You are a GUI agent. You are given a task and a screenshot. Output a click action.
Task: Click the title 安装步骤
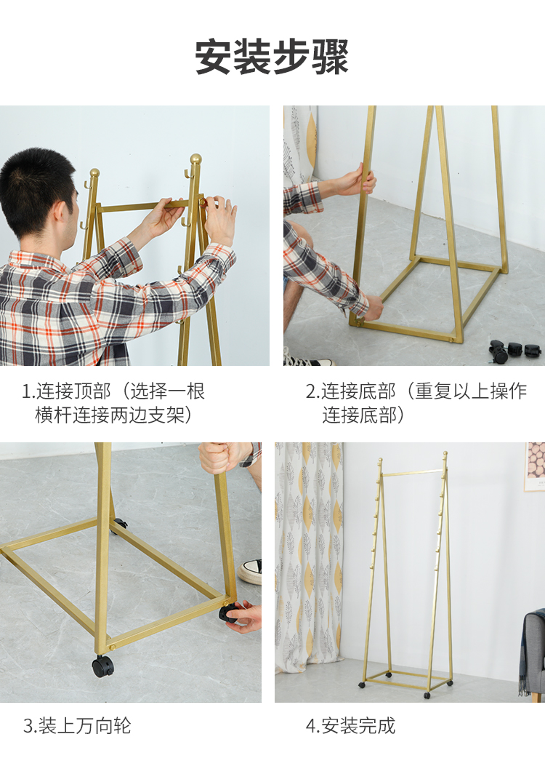pos(272,57)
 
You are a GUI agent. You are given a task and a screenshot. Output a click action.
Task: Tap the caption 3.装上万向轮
pos(77,725)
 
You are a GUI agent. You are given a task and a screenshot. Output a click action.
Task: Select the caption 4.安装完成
pos(350,725)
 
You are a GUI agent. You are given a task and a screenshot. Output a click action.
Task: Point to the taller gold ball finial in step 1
pos(196,159)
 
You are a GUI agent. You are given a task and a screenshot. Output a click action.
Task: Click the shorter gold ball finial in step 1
pos(94,173)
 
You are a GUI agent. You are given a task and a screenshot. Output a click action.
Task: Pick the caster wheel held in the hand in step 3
pos(229,613)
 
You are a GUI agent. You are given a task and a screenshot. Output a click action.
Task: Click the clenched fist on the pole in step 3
pos(223,458)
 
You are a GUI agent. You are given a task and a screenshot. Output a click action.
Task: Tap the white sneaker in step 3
pos(250,572)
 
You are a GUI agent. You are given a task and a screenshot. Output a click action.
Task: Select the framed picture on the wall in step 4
pos(535,466)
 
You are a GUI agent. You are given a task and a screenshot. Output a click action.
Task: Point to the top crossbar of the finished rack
pos(413,473)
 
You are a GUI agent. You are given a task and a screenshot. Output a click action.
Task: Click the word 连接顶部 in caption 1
pos(73,391)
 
